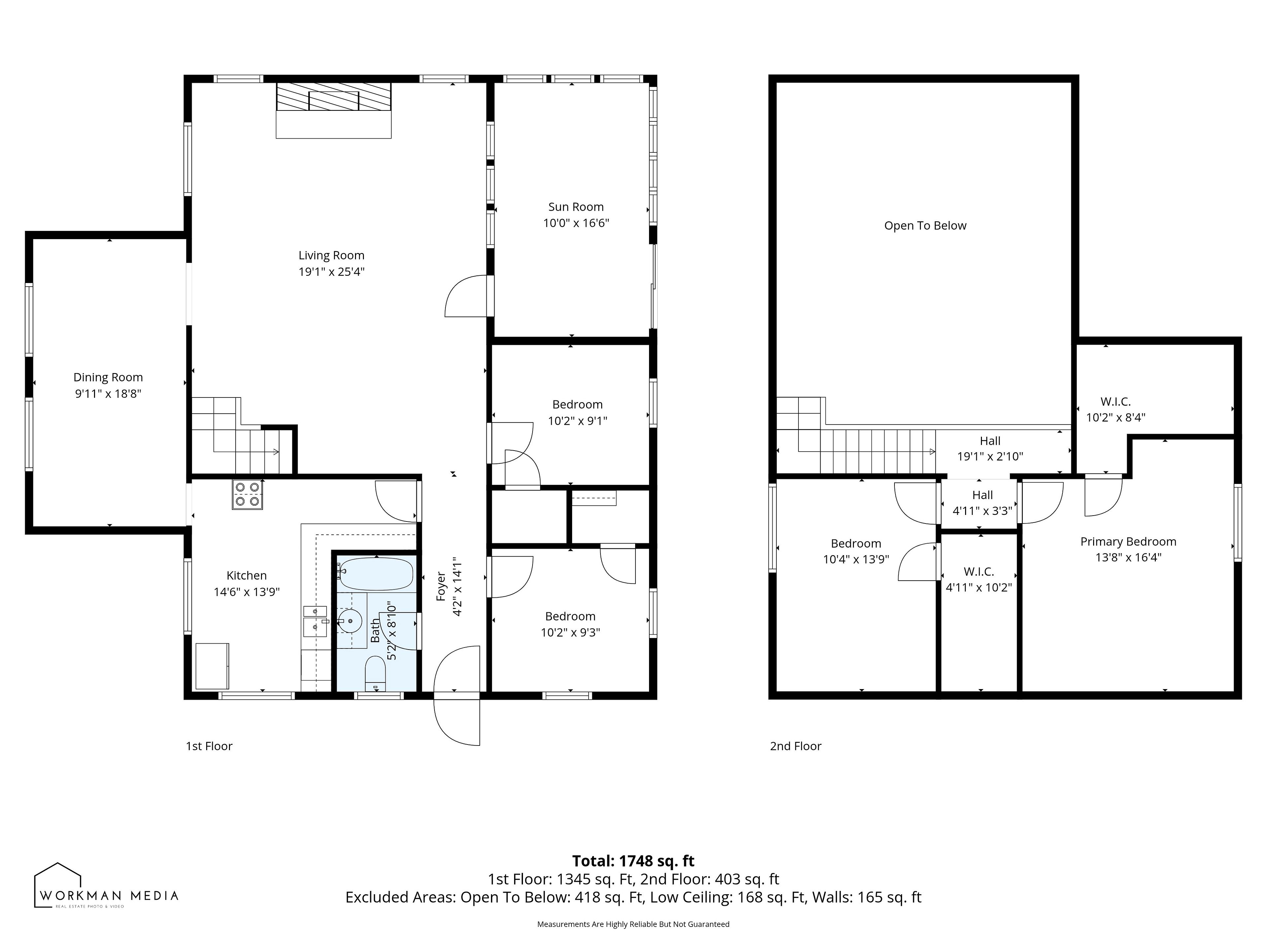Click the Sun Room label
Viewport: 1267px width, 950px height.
click(x=576, y=207)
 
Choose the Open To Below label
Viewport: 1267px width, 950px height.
click(x=925, y=226)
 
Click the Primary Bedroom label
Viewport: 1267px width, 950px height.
click(x=1128, y=542)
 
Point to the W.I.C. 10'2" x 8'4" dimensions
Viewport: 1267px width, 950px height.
click(x=1115, y=418)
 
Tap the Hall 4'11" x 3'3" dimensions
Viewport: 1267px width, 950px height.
click(x=982, y=511)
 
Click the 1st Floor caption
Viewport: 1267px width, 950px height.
click(x=209, y=746)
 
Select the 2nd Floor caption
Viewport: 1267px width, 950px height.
click(x=796, y=746)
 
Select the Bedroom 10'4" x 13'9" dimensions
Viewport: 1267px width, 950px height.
click(x=856, y=559)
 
